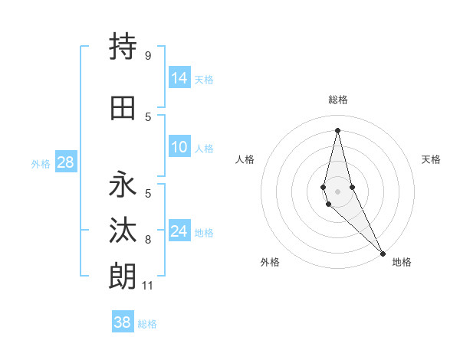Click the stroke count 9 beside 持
click(x=147, y=56)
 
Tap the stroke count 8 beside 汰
click(x=148, y=241)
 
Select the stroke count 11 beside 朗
click(x=149, y=286)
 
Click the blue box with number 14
click(x=179, y=78)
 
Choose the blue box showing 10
click(x=179, y=147)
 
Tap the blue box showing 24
click(x=179, y=231)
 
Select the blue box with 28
click(x=65, y=162)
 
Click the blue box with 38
click(x=123, y=322)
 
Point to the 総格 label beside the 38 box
click(x=147, y=324)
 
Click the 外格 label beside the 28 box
click(x=41, y=163)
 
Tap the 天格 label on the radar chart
click(x=431, y=159)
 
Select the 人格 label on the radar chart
click(x=245, y=159)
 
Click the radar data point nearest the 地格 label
click(x=382, y=253)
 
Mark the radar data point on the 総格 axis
click(x=337, y=129)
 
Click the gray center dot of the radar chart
click(x=337, y=180)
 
